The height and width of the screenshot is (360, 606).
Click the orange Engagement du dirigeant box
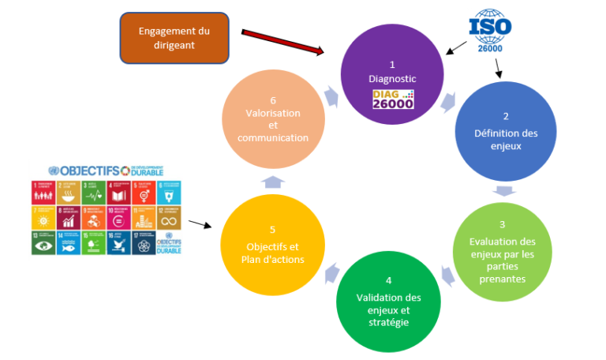pyautogui.click(x=174, y=37)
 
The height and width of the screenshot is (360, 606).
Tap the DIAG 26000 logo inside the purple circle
pyautogui.click(x=392, y=99)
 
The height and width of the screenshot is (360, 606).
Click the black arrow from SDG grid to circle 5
pyautogui.click(x=201, y=225)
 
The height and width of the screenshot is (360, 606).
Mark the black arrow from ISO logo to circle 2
pyautogui.click(x=499, y=70)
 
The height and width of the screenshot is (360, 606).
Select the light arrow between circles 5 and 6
pyautogui.click(x=273, y=182)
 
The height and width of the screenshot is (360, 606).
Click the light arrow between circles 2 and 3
pyautogui.click(x=502, y=190)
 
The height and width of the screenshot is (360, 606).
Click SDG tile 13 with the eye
pyautogui.click(x=43, y=243)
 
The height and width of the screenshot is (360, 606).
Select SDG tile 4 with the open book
pyautogui.click(x=118, y=193)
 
